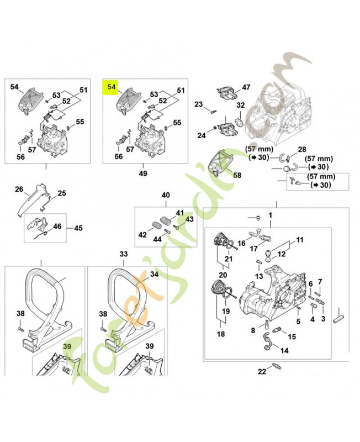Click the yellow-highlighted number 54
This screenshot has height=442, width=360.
112,87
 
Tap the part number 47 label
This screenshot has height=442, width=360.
246,87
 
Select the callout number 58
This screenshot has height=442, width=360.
237,175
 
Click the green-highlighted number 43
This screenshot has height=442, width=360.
190,219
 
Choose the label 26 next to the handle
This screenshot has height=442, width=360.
19,190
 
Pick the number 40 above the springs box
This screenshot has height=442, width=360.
166,196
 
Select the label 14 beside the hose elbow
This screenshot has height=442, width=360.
284,350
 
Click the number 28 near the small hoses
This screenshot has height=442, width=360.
302,150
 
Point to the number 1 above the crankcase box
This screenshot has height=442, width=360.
271,214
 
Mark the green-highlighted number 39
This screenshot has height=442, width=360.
68,346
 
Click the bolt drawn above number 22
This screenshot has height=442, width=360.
276,366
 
